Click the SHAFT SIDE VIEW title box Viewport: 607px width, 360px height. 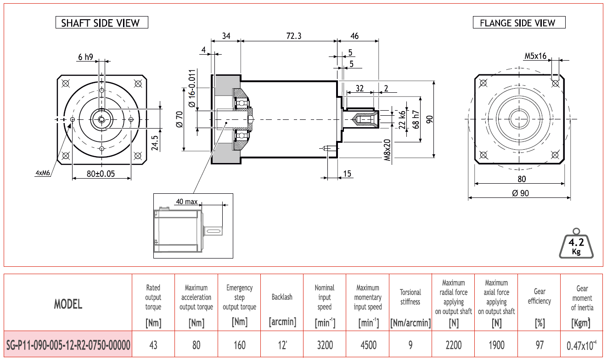[101, 22]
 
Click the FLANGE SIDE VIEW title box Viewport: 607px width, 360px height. [519, 22]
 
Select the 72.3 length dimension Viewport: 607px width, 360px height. [294, 36]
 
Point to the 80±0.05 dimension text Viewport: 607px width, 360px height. [101, 174]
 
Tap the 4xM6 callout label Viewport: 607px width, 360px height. [43, 173]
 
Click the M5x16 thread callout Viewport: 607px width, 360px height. [535, 56]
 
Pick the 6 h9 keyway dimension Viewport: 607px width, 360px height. [85, 57]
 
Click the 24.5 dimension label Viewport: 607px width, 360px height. [155, 143]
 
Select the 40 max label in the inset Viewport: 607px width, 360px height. [187, 202]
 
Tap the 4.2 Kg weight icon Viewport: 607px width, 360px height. [576, 244]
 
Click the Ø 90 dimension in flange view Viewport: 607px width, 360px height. [520, 193]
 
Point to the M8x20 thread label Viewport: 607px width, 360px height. [388, 150]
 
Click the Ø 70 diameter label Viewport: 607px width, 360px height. [180, 119]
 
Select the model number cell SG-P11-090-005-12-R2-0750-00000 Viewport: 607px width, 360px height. [68, 345]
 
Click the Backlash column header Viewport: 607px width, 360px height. [282, 297]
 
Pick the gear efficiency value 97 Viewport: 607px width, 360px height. [539, 345]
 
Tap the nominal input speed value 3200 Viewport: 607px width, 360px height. [325, 345]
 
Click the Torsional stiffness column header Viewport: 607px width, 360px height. [410, 297]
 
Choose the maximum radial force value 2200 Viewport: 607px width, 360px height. [453, 345]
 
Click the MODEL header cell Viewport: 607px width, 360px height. [68, 304]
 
